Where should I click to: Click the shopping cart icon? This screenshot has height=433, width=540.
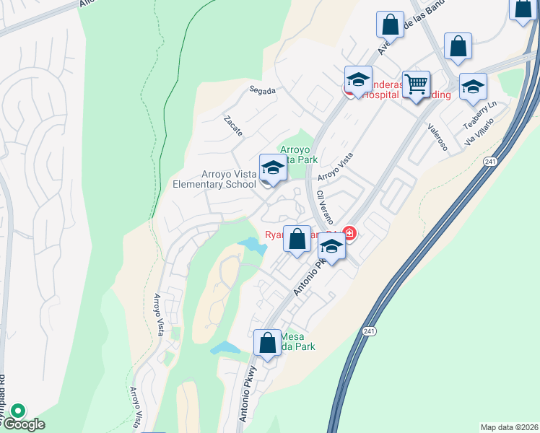[416, 84]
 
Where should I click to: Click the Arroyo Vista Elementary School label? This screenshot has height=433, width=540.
[214, 179]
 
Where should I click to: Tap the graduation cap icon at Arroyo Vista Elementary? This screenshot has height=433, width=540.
[273, 168]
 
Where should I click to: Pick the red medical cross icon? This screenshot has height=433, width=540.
[349, 233]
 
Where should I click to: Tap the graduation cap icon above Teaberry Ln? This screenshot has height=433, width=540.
[473, 87]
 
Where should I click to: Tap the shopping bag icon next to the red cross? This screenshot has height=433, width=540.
[297, 239]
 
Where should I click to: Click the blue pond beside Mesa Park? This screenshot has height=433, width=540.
[225, 348]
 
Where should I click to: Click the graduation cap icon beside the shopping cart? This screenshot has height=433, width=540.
[358, 79]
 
